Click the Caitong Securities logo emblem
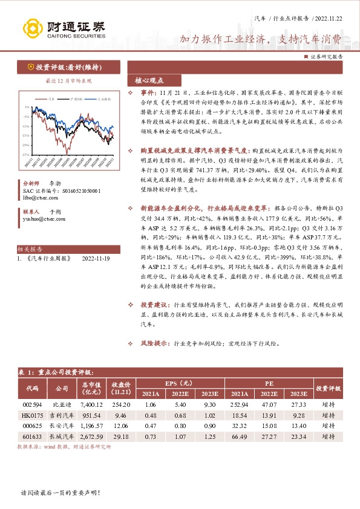(x=31, y=28)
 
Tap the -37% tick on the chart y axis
(x=27, y=155)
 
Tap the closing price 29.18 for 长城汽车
(x=122, y=436)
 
